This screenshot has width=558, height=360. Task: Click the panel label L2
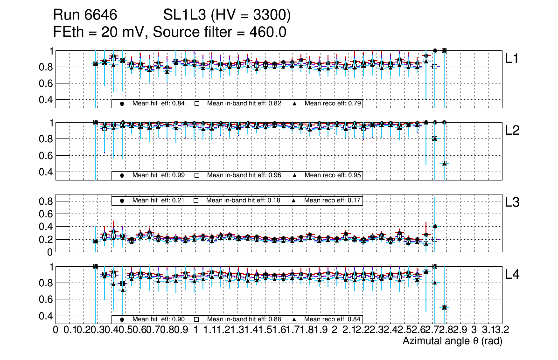(513, 131)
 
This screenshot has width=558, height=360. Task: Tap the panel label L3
(513, 202)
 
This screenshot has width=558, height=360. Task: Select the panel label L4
(513, 274)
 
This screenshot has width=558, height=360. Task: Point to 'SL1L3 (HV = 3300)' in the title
(227, 15)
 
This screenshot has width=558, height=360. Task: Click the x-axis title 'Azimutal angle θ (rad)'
(452, 341)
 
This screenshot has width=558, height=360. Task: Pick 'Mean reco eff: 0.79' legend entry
(333, 103)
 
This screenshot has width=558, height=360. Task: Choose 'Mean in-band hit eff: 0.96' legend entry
(244, 175)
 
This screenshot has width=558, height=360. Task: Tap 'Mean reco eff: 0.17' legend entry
(333, 200)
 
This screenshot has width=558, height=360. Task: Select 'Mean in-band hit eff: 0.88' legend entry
(244, 319)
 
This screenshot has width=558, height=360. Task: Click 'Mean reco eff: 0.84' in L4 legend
(333, 319)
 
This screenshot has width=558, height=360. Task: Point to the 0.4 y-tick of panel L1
(47, 99)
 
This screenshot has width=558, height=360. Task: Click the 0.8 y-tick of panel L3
(47, 201)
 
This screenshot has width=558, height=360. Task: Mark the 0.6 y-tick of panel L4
(47, 299)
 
